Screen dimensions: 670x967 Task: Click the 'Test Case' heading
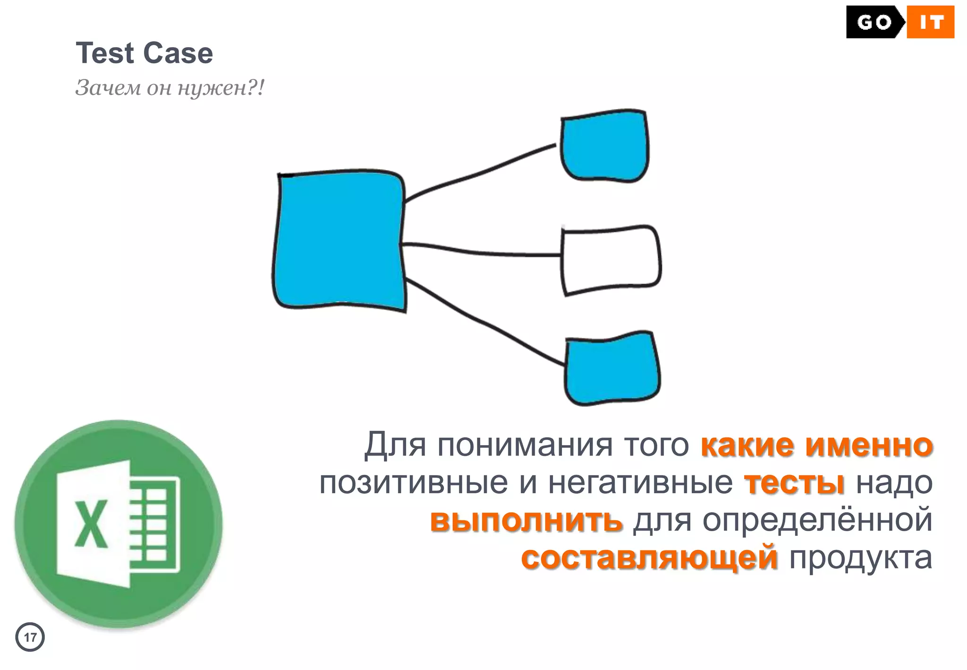click(x=144, y=53)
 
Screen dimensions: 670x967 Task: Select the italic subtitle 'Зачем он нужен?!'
click(x=170, y=88)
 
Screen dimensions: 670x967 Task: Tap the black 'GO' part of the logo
click(x=874, y=22)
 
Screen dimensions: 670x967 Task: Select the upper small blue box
click(x=604, y=146)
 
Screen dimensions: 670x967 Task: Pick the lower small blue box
click(x=612, y=369)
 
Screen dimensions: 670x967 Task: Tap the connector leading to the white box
click(x=482, y=252)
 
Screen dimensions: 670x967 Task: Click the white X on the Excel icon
click(x=91, y=524)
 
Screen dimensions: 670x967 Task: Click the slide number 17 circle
click(x=30, y=637)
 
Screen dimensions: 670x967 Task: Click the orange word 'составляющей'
click(x=649, y=558)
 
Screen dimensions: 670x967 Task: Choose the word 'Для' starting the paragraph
click(x=395, y=445)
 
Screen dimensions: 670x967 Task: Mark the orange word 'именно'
click(x=869, y=445)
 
